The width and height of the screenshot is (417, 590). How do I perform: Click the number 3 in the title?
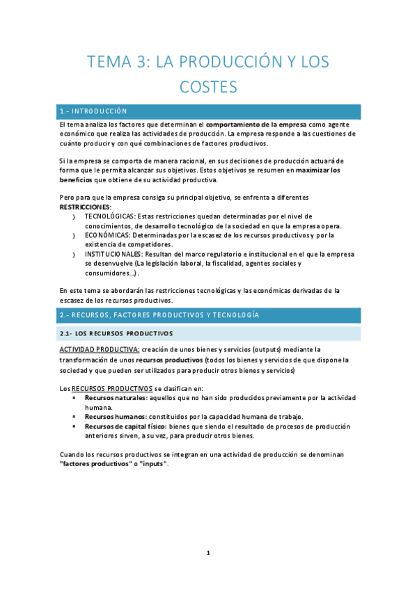(x=141, y=62)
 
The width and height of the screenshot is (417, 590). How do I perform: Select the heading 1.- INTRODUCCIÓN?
(x=94, y=111)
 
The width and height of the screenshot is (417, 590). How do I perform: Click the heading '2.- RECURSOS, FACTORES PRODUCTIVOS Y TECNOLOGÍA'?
(x=159, y=316)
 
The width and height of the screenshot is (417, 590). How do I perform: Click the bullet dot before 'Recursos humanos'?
(x=75, y=416)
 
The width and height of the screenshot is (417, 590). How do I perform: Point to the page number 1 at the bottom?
(x=208, y=553)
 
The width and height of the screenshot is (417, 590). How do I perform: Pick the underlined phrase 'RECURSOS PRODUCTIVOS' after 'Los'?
(x=112, y=388)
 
